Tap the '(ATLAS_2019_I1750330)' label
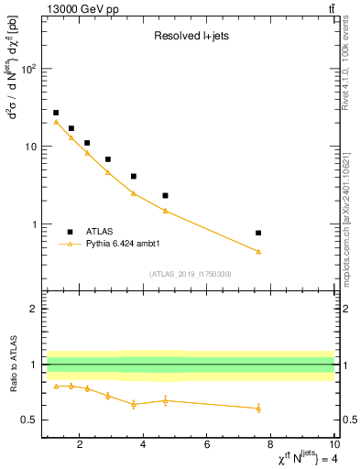[191, 274]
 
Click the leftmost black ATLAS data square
[56, 113]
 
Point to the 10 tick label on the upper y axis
[30, 147]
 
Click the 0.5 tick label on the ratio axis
[27, 420]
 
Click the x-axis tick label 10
[333, 446]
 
